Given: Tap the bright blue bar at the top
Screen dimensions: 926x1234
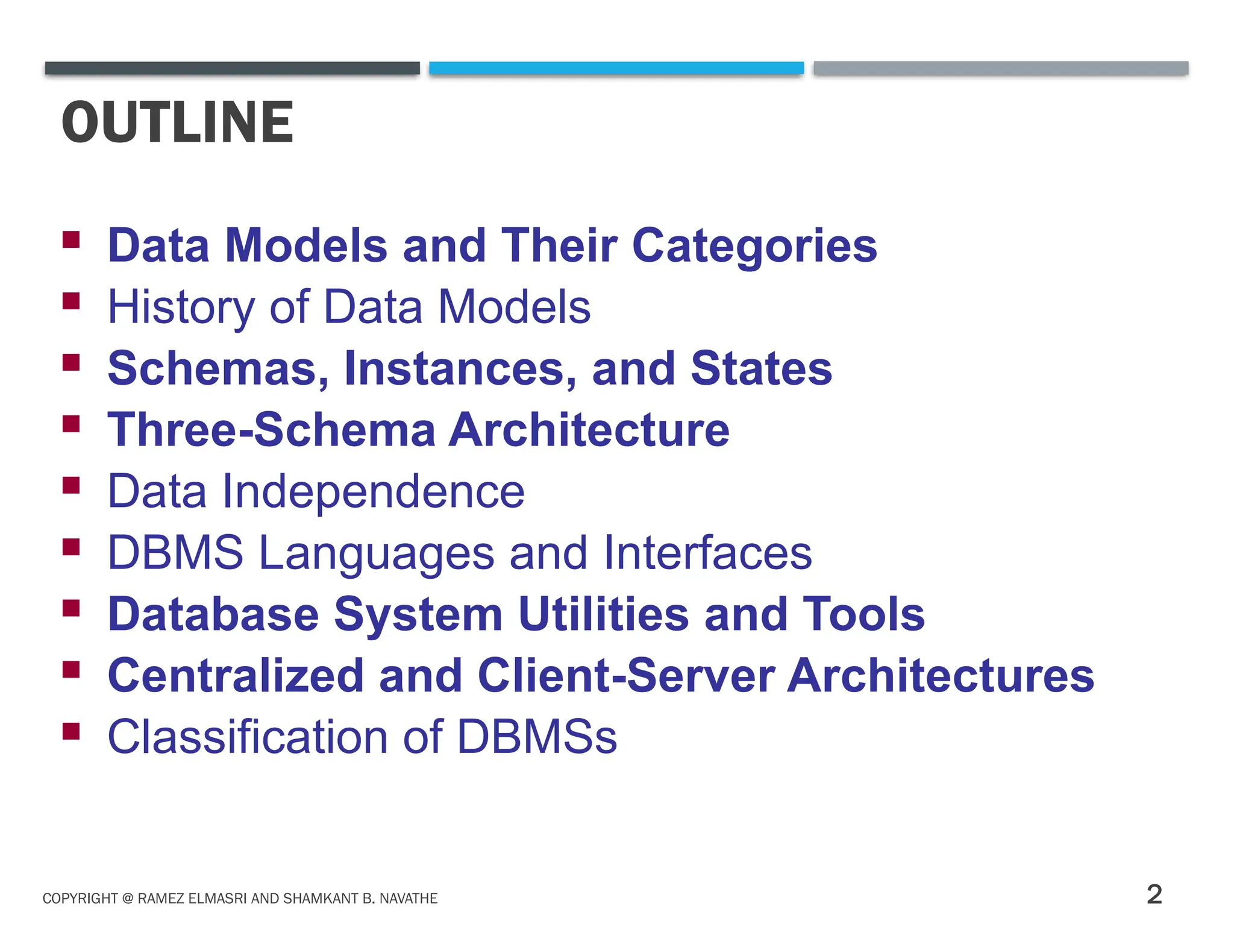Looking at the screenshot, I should click(616, 68).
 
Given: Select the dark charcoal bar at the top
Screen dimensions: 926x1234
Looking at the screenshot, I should click(232, 68).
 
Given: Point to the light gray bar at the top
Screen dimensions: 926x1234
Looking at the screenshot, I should click(1001, 68).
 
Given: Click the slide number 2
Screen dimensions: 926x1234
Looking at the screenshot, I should click(1154, 894).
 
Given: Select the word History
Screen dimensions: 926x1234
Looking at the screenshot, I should click(181, 307).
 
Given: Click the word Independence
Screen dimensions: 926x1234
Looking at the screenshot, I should click(374, 492).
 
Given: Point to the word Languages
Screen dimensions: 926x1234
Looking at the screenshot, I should click(377, 553).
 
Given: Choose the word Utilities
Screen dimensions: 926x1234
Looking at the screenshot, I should click(603, 614).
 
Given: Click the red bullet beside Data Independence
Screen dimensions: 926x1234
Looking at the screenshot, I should click(71, 485).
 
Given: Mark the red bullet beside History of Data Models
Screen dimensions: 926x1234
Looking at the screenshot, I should click(71, 300).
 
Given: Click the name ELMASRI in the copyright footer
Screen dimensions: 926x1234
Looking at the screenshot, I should click(218, 898).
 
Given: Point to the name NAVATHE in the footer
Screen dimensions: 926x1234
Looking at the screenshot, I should click(408, 898).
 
